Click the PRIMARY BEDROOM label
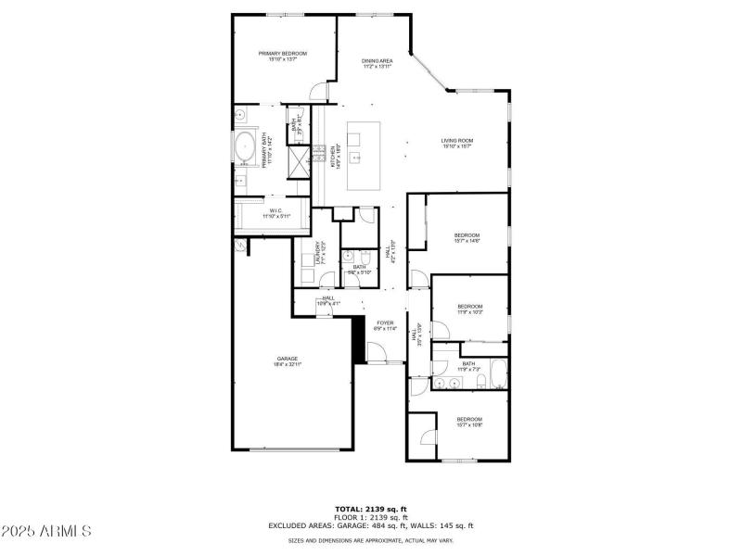(282, 56)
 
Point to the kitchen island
(365, 156)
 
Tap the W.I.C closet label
(275, 213)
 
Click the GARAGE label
(287, 361)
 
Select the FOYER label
(385, 325)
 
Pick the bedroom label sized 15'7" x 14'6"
(467, 237)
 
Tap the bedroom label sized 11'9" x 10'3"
(469, 309)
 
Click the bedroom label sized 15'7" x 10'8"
(468, 422)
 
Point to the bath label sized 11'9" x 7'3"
(468, 366)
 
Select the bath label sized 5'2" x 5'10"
(359, 270)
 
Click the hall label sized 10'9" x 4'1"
(328, 300)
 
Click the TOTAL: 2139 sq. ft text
(370, 509)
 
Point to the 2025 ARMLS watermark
(45, 531)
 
